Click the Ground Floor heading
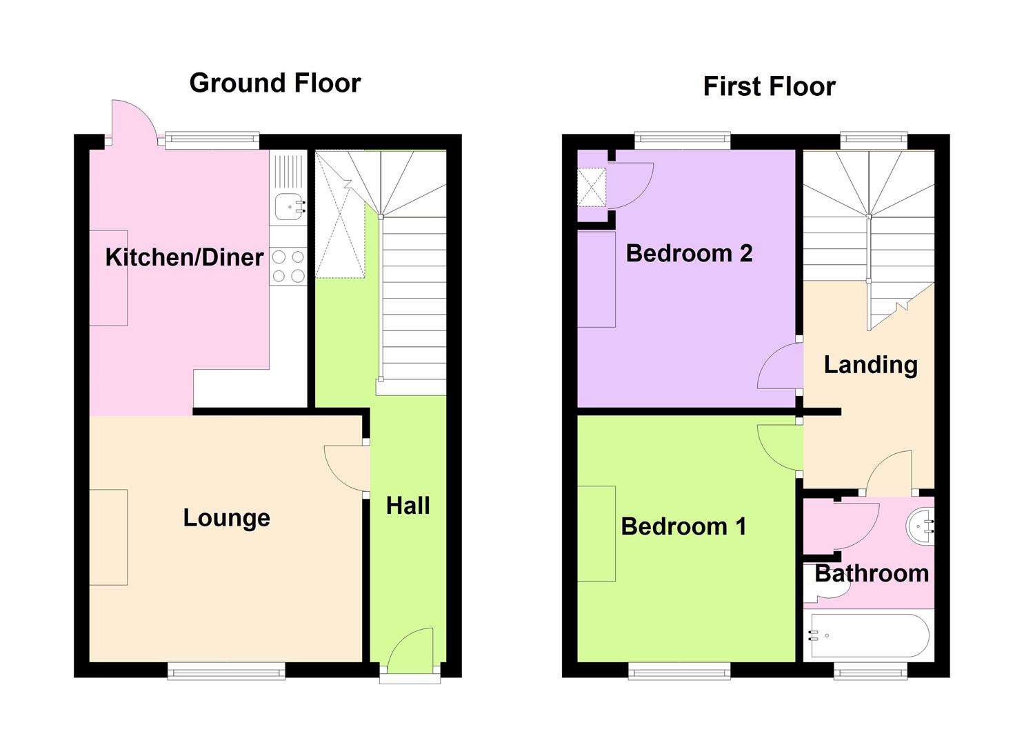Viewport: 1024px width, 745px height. pos(274,83)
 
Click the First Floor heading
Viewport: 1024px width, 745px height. pos(770,86)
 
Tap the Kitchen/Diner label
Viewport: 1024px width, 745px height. pos(184,257)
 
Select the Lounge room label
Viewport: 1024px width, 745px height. pos(227,518)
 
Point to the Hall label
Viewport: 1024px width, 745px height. pos(408,506)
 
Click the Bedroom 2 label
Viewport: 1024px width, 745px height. pos(689,253)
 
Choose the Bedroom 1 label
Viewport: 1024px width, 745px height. pos(683,526)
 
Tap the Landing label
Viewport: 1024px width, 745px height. pos(870,365)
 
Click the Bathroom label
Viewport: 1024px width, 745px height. pos(872,573)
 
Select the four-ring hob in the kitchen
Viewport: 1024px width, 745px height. pos(288,266)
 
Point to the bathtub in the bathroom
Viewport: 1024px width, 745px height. pos(869,636)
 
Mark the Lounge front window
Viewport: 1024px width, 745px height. pos(226,671)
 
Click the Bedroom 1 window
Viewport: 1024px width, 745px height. pos(679,671)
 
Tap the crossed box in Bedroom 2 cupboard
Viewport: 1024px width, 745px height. pos(592,187)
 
